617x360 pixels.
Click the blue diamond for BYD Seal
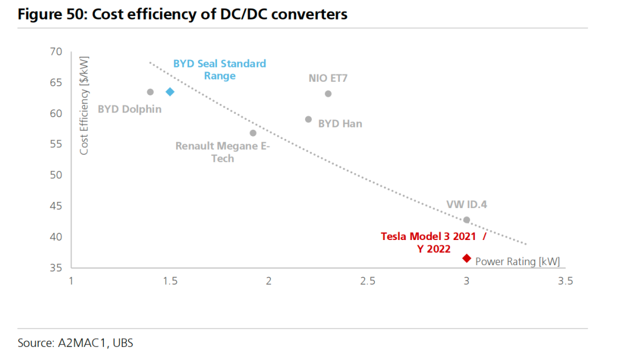pyautogui.click(x=170, y=92)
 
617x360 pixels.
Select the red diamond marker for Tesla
pyautogui.click(x=467, y=258)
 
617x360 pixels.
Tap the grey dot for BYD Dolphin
pyautogui.click(x=150, y=92)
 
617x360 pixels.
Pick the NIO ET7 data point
pyautogui.click(x=328, y=94)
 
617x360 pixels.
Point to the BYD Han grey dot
pyautogui.click(x=308, y=119)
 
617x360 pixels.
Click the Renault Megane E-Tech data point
pyautogui.click(x=253, y=133)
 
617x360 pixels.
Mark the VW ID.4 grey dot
pyautogui.click(x=467, y=220)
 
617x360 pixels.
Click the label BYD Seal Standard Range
pyautogui.click(x=220, y=70)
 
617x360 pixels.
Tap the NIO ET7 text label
pyautogui.click(x=328, y=79)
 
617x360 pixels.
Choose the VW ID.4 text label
pyautogui.click(x=467, y=205)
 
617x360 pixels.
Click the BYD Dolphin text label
pyautogui.click(x=130, y=109)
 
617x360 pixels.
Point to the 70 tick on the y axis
pyautogui.click(x=56, y=52)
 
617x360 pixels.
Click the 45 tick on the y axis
pyautogui.click(x=56, y=206)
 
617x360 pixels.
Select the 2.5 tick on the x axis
pyautogui.click(x=368, y=281)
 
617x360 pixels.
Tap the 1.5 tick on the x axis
pyautogui.click(x=170, y=281)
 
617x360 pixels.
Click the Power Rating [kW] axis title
pyautogui.click(x=518, y=262)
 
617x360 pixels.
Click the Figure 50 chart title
pyautogui.click(x=182, y=14)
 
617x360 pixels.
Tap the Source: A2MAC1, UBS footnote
pyautogui.click(x=75, y=343)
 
